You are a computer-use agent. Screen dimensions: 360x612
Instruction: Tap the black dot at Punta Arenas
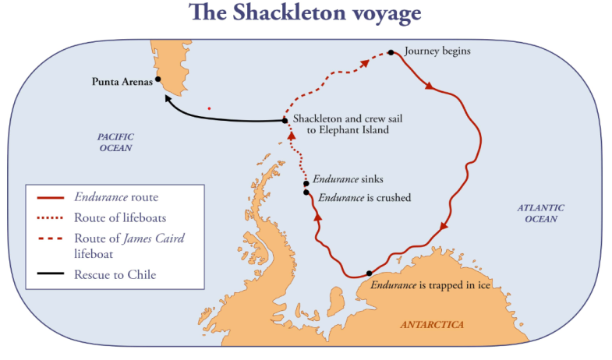pos(158,79)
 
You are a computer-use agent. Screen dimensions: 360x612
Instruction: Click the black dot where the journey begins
pos(391,53)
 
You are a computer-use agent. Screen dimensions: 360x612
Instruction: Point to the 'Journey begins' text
pos(437,51)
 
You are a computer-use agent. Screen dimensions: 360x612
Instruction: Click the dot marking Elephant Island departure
pos(285,121)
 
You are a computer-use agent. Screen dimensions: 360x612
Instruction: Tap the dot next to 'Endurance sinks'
pos(306,184)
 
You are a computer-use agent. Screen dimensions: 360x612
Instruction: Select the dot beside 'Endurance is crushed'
pos(306,192)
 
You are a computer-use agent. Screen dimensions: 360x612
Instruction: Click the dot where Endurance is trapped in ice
pos(369,274)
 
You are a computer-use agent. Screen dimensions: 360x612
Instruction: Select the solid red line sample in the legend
pos(49,198)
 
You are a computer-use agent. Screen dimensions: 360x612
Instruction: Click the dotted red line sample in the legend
pos(49,217)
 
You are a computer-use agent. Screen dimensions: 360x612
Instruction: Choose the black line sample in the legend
pos(49,274)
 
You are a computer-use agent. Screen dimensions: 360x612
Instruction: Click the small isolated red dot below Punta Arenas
pos(209,108)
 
